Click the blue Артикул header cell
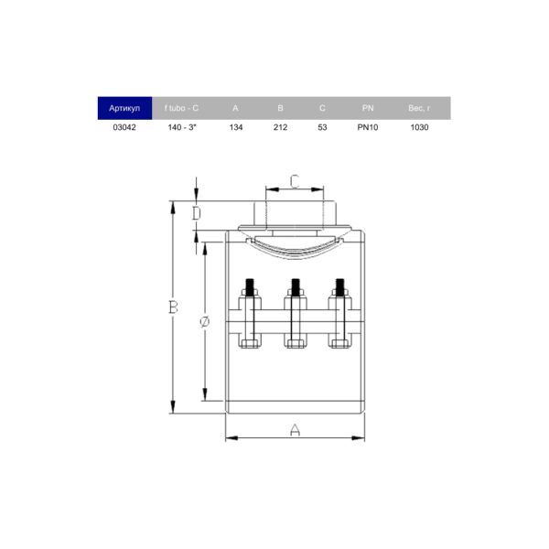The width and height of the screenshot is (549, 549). (x=124, y=108)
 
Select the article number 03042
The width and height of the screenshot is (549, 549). (x=124, y=127)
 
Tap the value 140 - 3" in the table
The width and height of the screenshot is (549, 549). (x=182, y=127)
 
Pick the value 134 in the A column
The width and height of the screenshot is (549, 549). (x=236, y=127)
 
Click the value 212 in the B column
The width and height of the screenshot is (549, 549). (x=281, y=127)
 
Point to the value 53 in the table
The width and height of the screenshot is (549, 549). (x=322, y=127)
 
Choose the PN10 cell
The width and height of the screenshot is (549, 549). (x=368, y=127)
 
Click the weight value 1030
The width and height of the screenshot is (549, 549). (x=419, y=127)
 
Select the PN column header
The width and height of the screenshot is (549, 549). (x=368, y=108)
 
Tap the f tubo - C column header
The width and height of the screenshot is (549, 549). (x=181, y=108)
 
